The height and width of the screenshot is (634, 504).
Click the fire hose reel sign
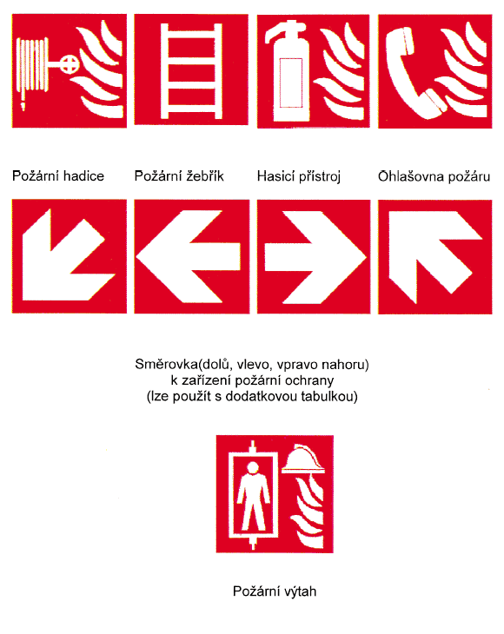pos(70,70)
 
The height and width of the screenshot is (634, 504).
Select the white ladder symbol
pos(192,70)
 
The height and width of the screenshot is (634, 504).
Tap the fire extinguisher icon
pos(288,72)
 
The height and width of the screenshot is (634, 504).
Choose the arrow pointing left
pos(189,256)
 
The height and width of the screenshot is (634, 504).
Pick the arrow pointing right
pos(315,257)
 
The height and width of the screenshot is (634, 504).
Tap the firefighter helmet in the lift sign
pos(303,459)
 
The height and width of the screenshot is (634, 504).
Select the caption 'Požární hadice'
pos(58,176)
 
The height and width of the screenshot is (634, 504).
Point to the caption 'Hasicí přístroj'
pos(299,176)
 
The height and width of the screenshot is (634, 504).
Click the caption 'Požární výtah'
pos(275,591)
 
